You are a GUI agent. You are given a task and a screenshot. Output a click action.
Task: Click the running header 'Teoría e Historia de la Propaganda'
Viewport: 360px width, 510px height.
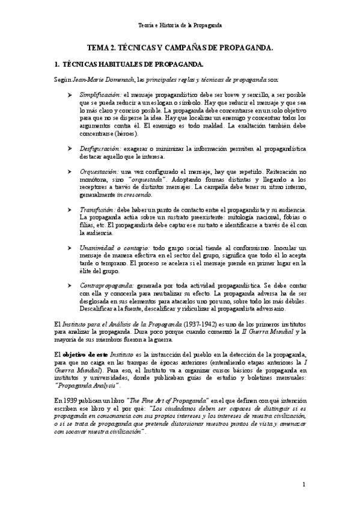[x=180, y=25]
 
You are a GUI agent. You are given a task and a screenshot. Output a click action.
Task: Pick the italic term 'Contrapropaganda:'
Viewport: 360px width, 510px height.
[x=107, y=286]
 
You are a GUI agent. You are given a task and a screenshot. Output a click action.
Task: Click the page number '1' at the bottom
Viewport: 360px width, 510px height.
[x=304, y=484]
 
